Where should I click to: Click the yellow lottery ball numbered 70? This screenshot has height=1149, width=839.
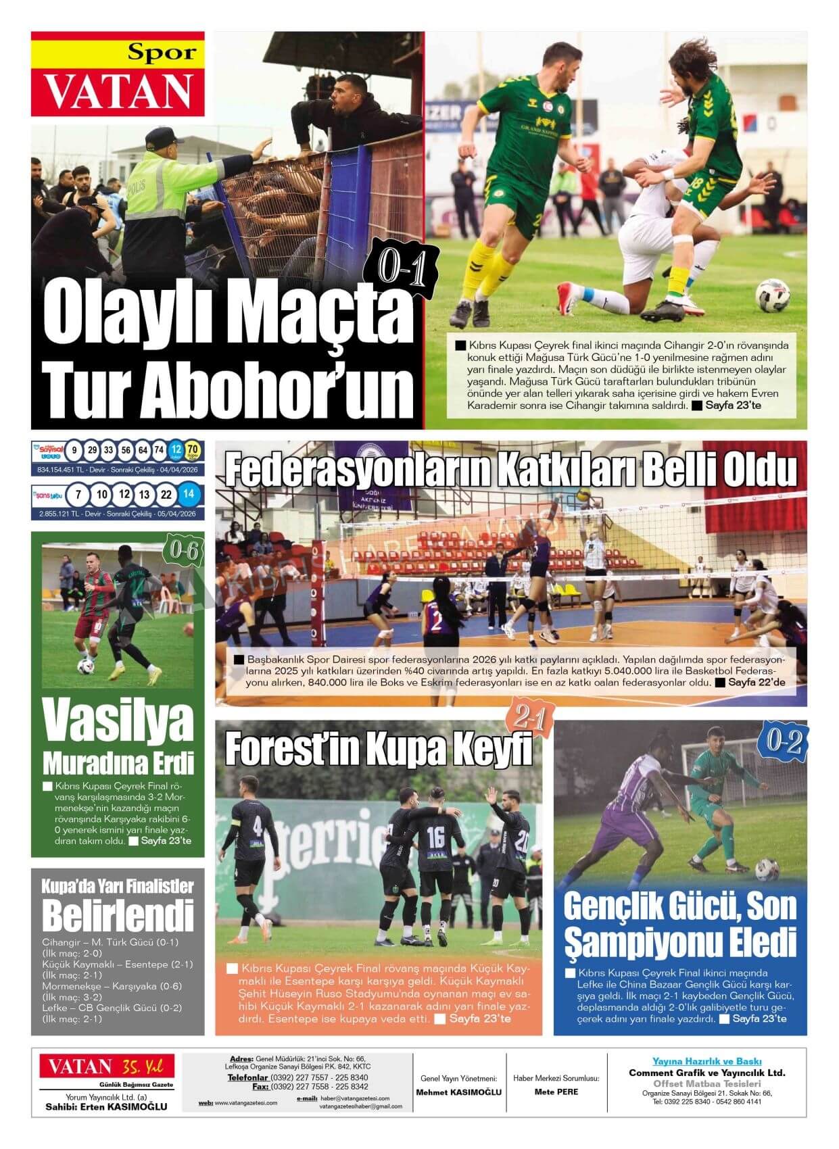[192, 450]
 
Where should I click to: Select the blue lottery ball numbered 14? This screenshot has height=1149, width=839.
[189, 495]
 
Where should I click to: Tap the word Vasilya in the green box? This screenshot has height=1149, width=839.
[118, 721]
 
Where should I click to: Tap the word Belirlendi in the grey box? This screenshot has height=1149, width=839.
[118, 915]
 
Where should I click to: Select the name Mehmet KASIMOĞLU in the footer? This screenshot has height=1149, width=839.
[458, 1092]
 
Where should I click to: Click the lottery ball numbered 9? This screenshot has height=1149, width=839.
[74, 450]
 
